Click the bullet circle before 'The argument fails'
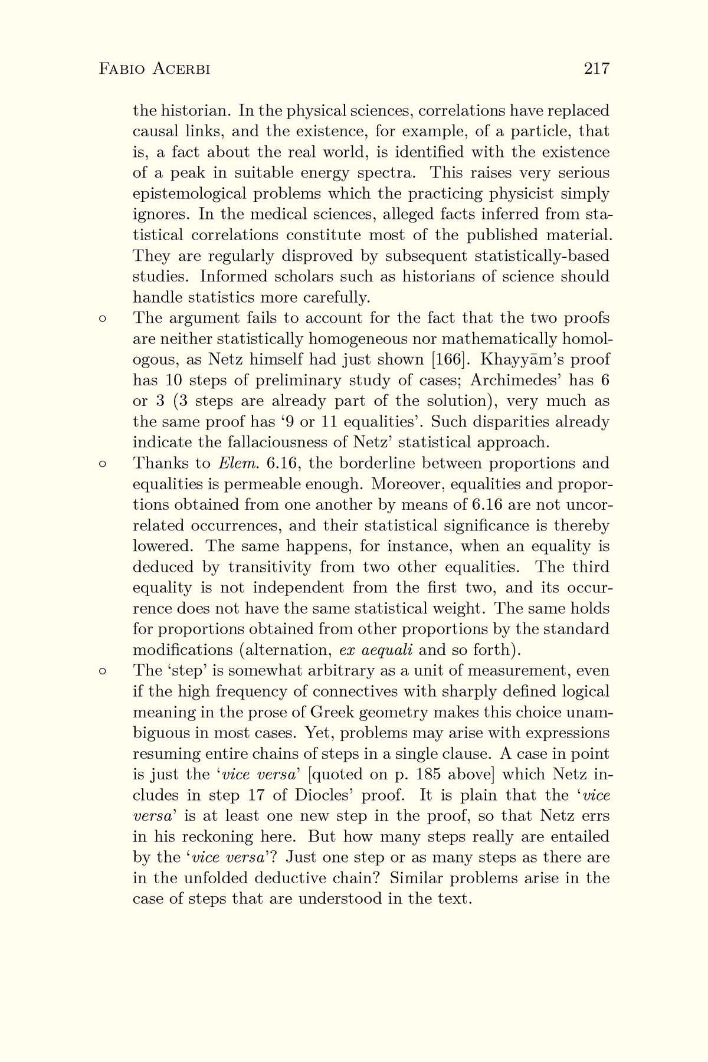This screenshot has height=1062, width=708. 102,319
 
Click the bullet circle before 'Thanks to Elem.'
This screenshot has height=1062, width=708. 102,464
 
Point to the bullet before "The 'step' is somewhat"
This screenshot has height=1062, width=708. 102,671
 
